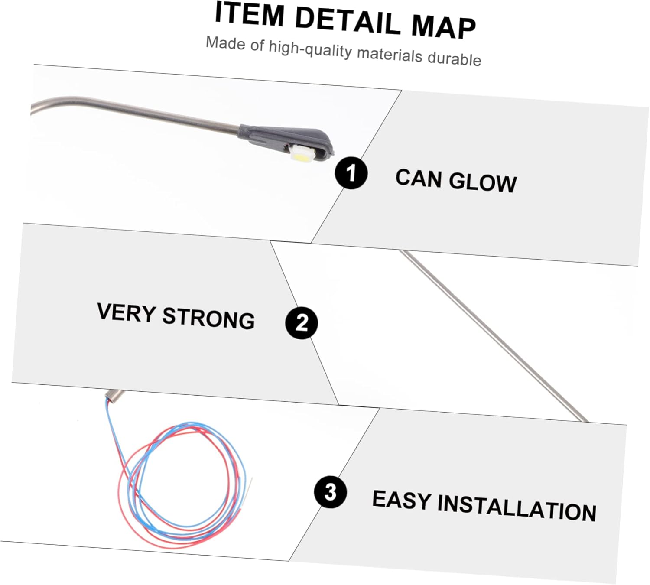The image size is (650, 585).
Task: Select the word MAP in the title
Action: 443,27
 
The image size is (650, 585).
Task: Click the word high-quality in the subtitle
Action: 310,49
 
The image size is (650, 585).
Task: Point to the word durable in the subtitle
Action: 454,58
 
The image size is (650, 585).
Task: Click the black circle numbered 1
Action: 351,173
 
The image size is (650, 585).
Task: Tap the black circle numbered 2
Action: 302,323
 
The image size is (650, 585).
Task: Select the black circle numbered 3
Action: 331,492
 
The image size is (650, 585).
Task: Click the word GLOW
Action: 483,182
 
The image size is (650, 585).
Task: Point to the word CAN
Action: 418,178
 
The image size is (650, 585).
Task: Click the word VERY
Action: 126,312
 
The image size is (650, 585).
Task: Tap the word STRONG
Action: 208,318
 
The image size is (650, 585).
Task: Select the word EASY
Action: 401,500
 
